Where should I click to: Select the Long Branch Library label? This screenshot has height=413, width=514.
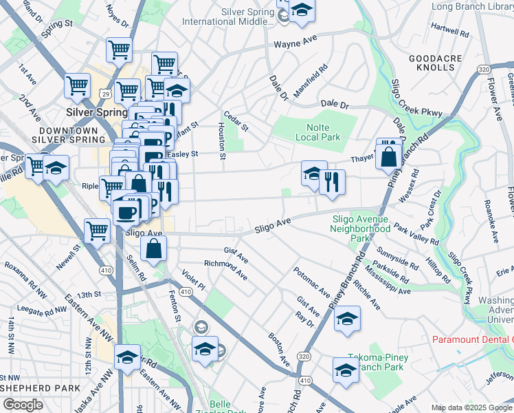(x=472, y=7)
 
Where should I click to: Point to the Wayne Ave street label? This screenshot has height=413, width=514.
(x=294, y=44)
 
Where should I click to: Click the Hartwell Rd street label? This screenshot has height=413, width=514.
(x=449, y=30)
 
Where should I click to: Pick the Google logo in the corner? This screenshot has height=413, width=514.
(x=23, y=405)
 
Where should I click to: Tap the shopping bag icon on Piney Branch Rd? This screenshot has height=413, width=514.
(x=388, y=156)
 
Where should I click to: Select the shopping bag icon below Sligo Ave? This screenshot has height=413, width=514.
(x=155, y=248)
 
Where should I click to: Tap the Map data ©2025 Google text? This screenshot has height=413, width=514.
(x=472, y=407)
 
